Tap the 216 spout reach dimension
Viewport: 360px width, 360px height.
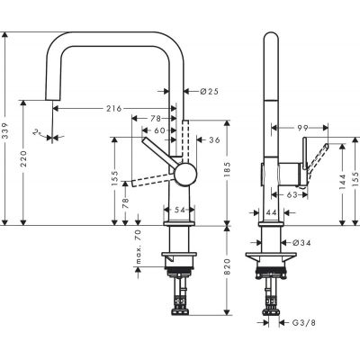pos(113,108)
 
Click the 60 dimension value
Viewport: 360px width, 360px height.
pos(159,130)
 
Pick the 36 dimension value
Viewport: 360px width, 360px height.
pos(214,139)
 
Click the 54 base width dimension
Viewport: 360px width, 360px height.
pos(178,209)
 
